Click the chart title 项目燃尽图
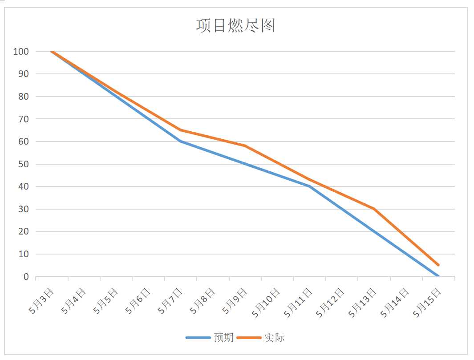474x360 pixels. coord(236,25)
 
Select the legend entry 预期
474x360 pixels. coord(223,338)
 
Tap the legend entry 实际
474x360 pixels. coord(274,338)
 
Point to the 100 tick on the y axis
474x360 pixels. coord(21,52)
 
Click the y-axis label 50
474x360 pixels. coord(23,164)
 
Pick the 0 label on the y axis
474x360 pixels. coord(26,277)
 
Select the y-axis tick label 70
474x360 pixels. coord(23,119)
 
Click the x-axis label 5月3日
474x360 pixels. coord(41,301)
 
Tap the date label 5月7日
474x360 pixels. coord(170,301)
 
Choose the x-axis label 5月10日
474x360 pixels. coord(266,303)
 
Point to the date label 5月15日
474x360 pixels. coord(427,303)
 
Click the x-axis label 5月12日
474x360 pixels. coord(330,303)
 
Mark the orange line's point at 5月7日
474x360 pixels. coord(180,130)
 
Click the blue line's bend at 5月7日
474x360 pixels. coord(180,141)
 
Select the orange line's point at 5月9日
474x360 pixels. coord(245,146)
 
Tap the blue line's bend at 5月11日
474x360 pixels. coord(309,186)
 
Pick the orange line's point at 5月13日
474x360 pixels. coord(374,209)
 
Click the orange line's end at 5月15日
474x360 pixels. coord(438,265)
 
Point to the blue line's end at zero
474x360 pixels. coord(438,276)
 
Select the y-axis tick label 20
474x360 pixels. coord(23,232)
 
